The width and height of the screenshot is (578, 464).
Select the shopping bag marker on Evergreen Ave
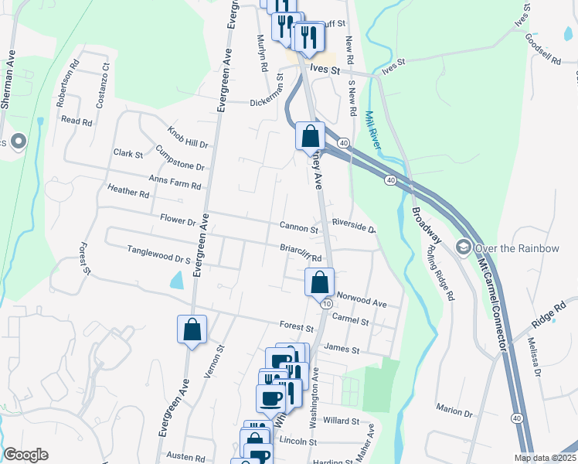192,330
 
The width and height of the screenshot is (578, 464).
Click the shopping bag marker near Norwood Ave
320,283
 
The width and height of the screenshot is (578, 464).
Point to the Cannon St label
298,229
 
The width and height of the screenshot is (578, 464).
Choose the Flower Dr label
178,220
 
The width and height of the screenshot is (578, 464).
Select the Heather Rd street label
128,191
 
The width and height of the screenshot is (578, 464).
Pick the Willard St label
342,421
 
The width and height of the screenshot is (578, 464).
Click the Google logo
25,455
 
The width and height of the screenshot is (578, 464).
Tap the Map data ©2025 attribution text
546,458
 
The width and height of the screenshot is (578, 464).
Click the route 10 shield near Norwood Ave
328,303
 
